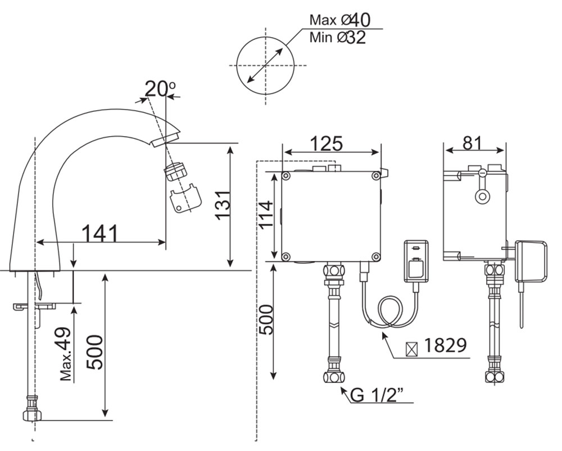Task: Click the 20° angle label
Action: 160,89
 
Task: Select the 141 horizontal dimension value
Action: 101,233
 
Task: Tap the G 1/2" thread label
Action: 378,396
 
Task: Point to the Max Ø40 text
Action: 339,20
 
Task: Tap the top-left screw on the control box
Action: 287,177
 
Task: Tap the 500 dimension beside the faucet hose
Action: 98,353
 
